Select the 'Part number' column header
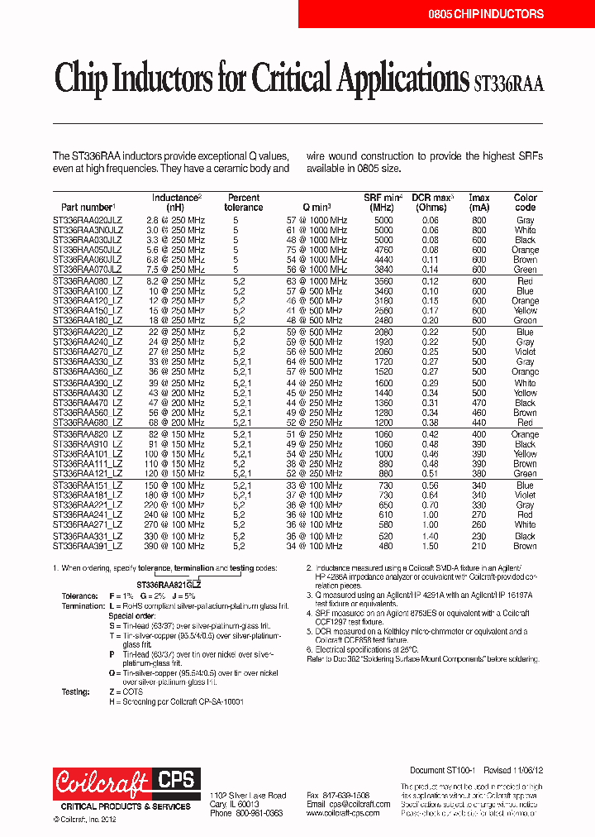(88, 207)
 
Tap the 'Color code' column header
(525, 203)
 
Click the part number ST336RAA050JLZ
(87, 250)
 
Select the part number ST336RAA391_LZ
(87, 546)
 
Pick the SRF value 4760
(383, 250)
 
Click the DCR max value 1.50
(431, 546)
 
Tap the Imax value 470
(479, 403)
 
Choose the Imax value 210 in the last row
(479, 546)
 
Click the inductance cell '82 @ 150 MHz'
(175, 434)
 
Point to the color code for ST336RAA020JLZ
(525, 221)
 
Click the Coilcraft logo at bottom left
(101, 782)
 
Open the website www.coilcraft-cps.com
(342, 813)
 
